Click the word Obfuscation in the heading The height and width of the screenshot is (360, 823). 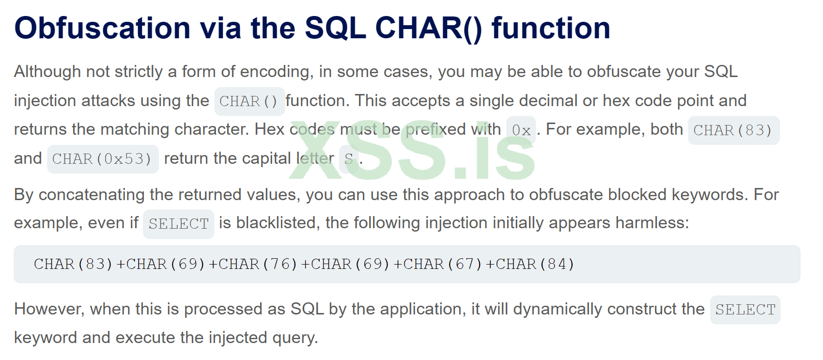click(103, 28)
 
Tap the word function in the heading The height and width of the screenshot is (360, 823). click(551, 28)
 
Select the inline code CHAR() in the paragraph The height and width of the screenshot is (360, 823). click(249, 101)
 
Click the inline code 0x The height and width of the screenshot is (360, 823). click(521, 130)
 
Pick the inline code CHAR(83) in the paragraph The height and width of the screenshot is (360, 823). click(733, 130)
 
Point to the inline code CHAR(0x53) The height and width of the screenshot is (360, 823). click(103, 159)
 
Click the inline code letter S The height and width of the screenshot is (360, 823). click(349, 159)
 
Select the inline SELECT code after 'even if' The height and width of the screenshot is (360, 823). click(179, 224)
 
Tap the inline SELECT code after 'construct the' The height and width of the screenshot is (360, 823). click(745, 310)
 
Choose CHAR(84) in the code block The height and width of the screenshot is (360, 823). click(535, 264)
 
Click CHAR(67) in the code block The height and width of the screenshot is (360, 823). click(442, 264)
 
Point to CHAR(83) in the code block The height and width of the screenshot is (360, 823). click(73, 264)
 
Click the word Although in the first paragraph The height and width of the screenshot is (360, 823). click(47, 72)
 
